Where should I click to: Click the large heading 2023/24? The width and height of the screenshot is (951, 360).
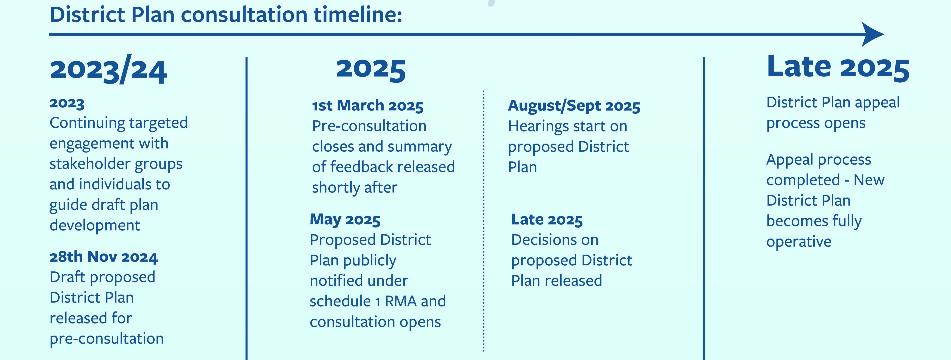tap(109, 69)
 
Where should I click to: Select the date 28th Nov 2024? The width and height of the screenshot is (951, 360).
tap(104, 257)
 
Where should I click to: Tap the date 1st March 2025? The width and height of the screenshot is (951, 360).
tap(368, 106)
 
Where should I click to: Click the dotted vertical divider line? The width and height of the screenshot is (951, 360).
tap(484, 220)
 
